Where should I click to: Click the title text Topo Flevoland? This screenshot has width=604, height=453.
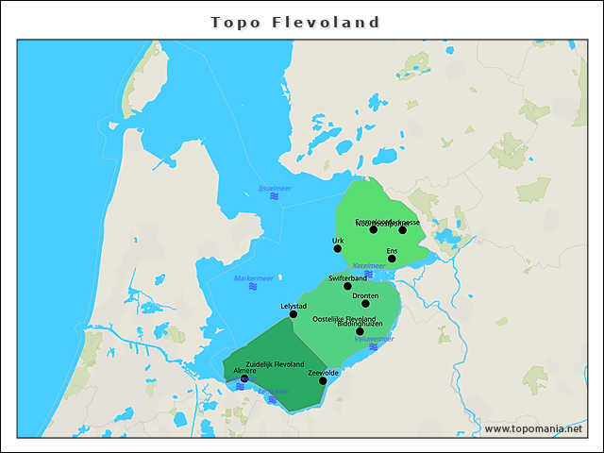(295, 22)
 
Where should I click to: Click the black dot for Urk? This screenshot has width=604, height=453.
(338, 249)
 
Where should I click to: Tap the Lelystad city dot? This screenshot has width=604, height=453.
(294, 314)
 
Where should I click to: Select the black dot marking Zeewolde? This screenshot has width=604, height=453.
(323, 380)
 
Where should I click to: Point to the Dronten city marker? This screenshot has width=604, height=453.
(366, 303)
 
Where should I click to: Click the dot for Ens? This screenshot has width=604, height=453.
(392, 259)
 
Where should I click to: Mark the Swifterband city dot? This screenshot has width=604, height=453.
(347, 286)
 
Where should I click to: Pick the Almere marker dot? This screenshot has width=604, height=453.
(244, 379)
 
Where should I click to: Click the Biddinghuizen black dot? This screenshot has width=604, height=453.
(360, 331)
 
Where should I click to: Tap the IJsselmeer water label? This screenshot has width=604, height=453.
(275, 189)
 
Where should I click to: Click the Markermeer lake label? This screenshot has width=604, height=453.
(253, 278)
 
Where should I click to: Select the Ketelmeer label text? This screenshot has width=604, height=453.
(369, 266)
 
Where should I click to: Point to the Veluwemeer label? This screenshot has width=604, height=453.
(375, 338)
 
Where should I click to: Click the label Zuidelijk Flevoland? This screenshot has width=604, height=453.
(275, 364)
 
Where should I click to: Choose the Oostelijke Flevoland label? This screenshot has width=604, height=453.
(344, 319)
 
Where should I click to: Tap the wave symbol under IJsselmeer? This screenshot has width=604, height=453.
(275, 197)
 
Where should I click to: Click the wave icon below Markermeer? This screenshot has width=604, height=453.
(253, 287)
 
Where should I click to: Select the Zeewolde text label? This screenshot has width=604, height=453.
(324, 373)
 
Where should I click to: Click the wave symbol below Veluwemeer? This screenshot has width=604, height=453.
(374, 346)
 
